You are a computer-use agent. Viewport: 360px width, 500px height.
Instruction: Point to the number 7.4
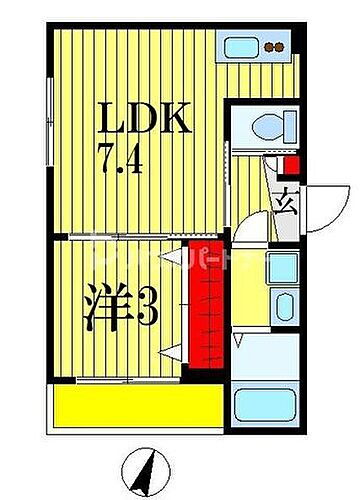point(120,159)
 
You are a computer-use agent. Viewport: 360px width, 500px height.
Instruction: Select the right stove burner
point(285,45)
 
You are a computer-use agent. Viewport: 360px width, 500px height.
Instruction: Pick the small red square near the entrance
point(292,166)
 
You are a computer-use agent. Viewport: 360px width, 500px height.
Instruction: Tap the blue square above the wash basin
point(284,268)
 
